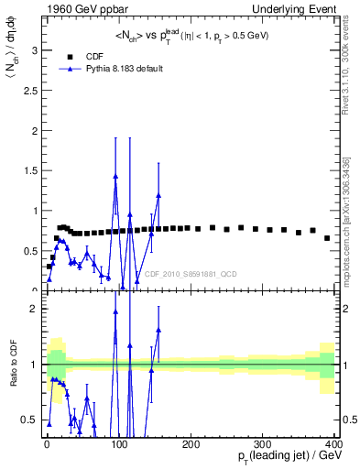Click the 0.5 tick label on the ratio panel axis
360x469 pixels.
[x=28, y=420]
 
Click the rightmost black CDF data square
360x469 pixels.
[x=327, y=238]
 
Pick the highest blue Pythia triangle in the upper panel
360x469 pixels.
[x=115, y=177]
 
